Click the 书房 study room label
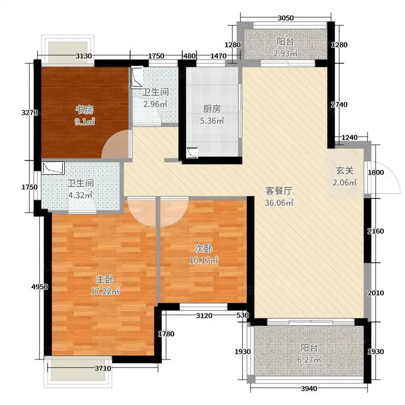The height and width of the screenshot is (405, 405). point(85,110)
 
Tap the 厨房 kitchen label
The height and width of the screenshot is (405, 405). point(212,109)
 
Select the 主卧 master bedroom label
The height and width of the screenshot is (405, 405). point(105,279)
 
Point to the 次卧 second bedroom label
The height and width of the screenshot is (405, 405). point(204,249)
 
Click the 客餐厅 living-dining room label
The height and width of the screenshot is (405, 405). point(279,191)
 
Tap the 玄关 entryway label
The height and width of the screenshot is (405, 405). point(345,171)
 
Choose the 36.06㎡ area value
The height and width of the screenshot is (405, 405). point(279,203)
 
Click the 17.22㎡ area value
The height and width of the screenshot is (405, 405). point(105,292)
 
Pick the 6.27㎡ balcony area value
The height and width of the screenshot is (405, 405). point(309,359)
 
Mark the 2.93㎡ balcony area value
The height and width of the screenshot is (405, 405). point(285,53)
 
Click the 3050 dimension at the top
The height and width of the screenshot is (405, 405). point(286,18)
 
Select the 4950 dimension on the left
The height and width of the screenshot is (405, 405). point(39,287)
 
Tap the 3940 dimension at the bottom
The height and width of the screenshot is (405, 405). point(309,388)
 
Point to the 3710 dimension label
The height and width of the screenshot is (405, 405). point(103,368)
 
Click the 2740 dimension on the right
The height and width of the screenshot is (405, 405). point(339,104)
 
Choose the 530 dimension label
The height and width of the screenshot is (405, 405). point(242,315)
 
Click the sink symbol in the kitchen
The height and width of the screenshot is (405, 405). point(192,153)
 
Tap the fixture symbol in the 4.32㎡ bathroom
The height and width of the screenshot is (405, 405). point(53,168)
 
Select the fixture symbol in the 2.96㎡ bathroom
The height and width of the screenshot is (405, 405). point(137,77)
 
